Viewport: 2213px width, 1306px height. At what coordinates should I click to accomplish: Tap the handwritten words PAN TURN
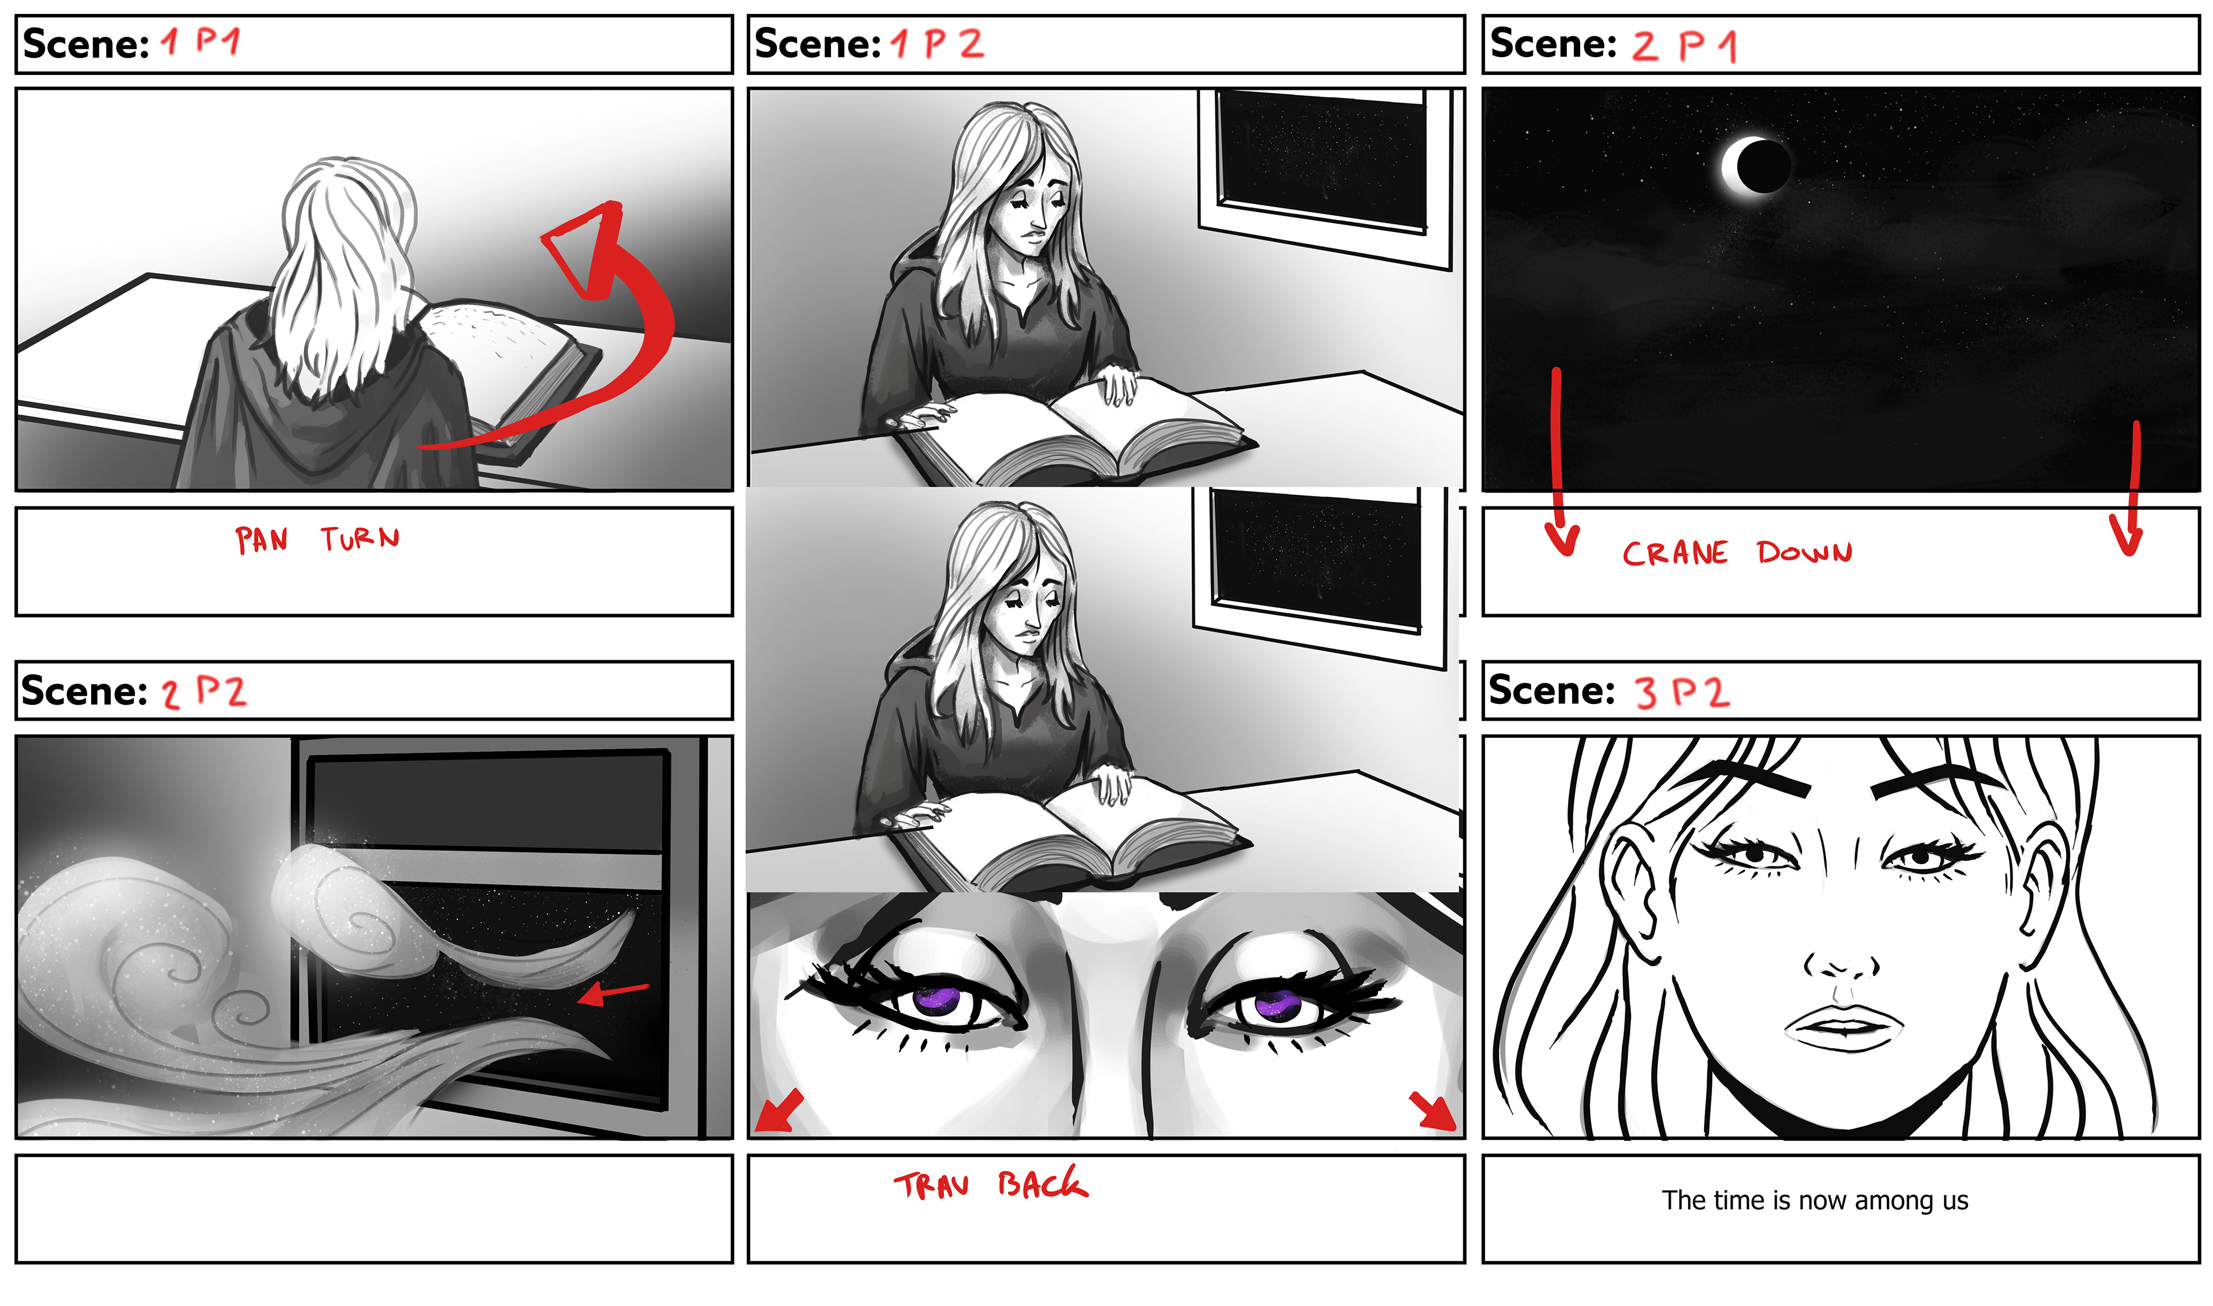(317, 539)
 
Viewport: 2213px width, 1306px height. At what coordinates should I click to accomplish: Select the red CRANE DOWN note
(1737, 552)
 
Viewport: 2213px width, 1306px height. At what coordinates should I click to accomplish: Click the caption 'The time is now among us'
(1814, 1201)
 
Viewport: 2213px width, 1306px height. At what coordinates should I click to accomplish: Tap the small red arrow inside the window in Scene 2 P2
(613, 993)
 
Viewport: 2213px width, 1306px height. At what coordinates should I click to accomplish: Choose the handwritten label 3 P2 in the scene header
(1683, 692)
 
